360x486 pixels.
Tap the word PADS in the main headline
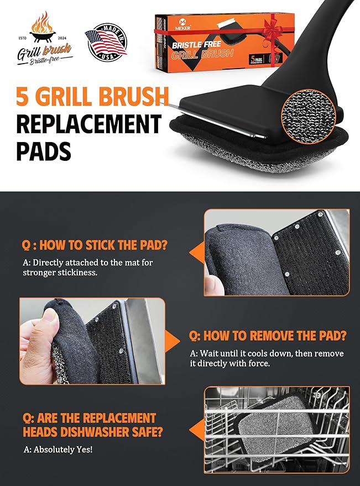tap(44, 150)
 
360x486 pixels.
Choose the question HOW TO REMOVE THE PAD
tap(268, 336)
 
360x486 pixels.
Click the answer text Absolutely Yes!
tap(58, 449)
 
